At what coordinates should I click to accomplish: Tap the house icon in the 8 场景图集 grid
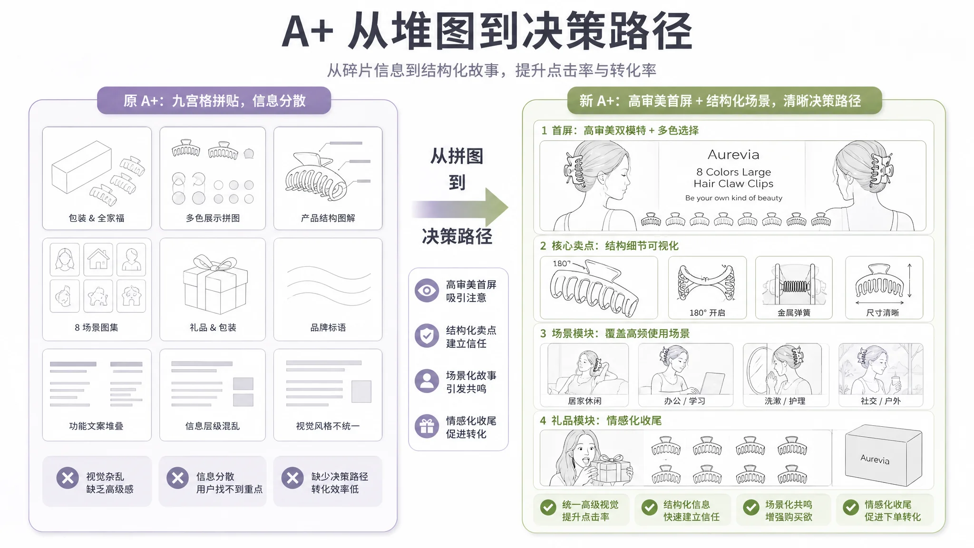coord(98,259)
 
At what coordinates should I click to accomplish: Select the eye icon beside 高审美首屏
coord(427,291)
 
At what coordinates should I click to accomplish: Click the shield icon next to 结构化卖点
coord(427,336)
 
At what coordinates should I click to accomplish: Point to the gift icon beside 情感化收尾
coord(427,426)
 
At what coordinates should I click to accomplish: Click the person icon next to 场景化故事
coord(427,381)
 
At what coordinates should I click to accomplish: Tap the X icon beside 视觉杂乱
coord(68,478)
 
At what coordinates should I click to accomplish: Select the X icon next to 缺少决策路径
coord(292,478)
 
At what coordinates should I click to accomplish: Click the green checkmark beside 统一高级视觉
coord(548,508)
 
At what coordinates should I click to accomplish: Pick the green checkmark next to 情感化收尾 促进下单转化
coord(850,508)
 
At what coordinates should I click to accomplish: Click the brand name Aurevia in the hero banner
coord(733,155)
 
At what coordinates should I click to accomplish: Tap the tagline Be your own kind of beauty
coord(733,198)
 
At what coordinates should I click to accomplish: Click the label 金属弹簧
coord(794,313)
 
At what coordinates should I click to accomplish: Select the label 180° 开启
coord(707,313)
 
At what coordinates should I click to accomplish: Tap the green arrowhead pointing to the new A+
coord(496,207)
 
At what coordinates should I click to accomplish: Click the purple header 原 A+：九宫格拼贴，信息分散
coord(214,100)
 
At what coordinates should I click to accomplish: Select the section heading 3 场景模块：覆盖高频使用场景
coord(614,333)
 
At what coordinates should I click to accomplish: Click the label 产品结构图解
coord(328,218)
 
